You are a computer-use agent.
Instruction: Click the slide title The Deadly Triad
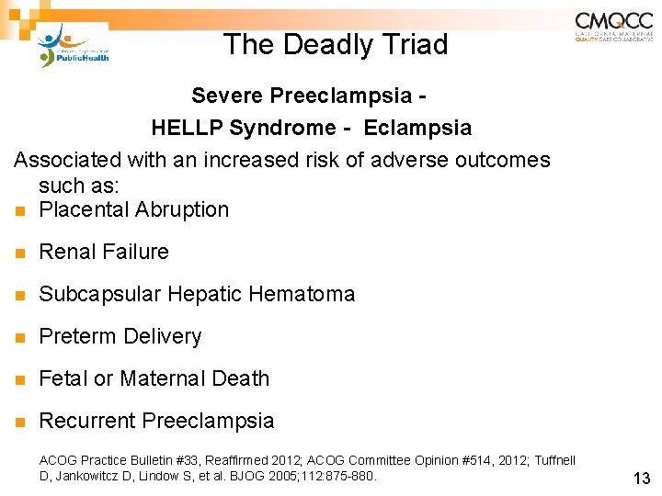click(x=336, y=44)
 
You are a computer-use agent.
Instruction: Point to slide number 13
click(x=641, y=478)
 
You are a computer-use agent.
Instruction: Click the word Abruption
click(x=182, y=209)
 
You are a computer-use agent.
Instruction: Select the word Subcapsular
click(x=97, y=294)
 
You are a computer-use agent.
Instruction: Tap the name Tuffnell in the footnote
click(x=553, y=460)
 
